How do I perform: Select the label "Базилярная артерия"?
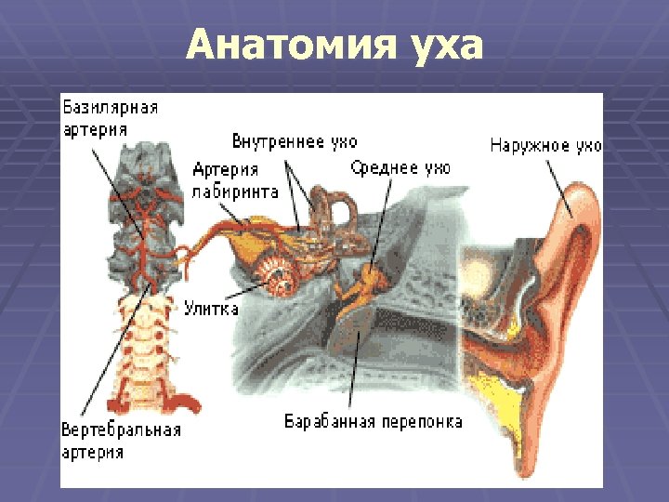point(109,117)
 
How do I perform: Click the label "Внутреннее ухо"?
point(294,141)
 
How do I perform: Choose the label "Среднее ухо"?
point(400,168)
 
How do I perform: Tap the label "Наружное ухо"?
point(545,145)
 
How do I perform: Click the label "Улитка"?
point(211,309)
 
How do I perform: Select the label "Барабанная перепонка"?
point(373,421)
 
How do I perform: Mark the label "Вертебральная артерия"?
point(121,441)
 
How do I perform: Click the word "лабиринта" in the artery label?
point(235,192)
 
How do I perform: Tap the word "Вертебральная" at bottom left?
point(121,430)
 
